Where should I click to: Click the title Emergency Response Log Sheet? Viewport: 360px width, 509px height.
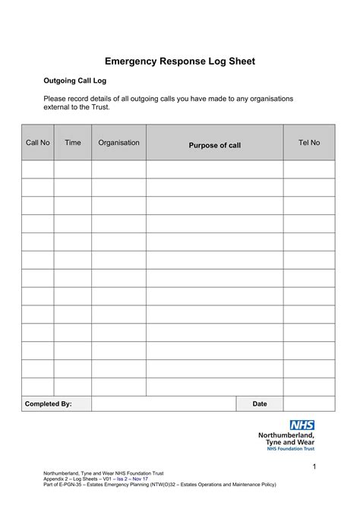(179, 62)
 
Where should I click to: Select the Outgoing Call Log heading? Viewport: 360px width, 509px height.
(73, 81)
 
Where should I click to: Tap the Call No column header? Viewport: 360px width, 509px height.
(37, 143)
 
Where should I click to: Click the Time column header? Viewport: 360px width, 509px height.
(73, 143)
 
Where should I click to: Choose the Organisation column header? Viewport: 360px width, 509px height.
(118, 143)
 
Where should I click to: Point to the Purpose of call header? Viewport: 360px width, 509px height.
(214, 145)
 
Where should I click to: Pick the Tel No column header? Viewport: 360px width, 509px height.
(309, 143)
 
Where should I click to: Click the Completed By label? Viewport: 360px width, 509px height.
(49, 403)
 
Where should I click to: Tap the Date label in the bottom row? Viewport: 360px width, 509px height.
(260, 403)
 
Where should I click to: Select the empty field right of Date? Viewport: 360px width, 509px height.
(309, 403)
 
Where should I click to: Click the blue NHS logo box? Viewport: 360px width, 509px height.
(302, 425)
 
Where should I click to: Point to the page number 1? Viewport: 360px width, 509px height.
(312, 465)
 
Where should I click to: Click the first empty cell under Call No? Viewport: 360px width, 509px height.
(37, 169)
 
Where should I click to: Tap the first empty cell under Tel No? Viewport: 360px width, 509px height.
(309, 169)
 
